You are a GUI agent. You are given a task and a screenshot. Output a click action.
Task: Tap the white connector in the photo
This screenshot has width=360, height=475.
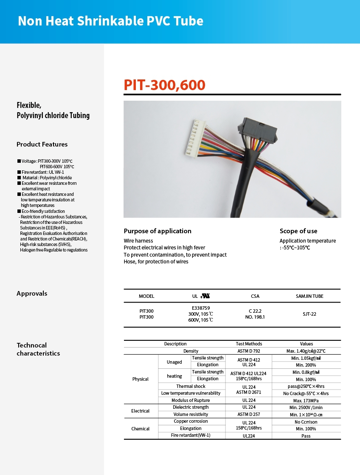193,137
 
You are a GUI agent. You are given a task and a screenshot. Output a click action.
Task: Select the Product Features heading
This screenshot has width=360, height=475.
42,144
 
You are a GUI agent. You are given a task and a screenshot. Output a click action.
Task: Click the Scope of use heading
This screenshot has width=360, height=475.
298,231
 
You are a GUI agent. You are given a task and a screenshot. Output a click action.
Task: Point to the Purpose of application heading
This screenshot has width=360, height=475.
157,231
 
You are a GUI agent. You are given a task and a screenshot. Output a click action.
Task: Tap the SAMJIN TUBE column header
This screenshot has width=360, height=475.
309,296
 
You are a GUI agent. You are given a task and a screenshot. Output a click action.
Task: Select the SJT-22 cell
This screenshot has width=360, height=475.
309,314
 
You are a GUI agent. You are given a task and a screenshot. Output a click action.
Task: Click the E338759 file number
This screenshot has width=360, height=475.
201,308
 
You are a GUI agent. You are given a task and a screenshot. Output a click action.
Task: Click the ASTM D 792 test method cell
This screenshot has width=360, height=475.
249,351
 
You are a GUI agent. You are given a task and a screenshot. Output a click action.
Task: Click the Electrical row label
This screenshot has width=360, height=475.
141,411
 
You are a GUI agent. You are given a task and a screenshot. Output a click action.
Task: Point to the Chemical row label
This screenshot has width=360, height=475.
141,429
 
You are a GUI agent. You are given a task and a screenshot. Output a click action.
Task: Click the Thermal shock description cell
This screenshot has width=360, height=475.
191,386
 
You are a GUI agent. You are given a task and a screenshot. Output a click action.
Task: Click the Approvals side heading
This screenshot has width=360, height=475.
32,294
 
